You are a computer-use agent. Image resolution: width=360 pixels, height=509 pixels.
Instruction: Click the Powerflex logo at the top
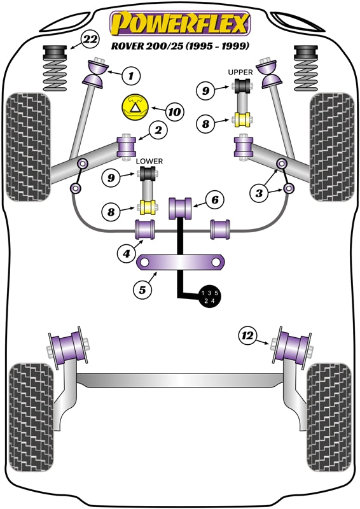click(180, 23)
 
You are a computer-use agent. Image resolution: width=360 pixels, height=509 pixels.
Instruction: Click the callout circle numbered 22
click(90, 39)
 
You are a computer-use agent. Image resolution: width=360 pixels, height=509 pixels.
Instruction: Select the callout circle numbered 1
click(131, 76)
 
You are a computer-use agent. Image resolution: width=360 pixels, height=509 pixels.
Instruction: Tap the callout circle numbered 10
click(174, 112)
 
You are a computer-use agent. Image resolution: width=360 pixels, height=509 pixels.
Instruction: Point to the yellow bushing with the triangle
click(135, 108)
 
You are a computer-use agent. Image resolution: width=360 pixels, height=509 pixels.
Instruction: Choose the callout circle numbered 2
click(158, 130)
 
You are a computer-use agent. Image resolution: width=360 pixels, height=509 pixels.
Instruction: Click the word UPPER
click(240, 72)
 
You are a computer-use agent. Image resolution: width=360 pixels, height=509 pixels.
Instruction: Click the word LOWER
click(149, 161)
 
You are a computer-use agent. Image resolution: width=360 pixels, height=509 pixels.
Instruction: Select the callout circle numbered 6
click(215, 200)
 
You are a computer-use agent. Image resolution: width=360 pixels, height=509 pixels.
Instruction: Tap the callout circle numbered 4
click(127, 253)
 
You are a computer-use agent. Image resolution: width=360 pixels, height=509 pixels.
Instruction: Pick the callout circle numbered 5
click(142, 289)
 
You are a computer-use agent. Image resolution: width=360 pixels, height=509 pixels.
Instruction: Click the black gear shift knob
click(209, 296)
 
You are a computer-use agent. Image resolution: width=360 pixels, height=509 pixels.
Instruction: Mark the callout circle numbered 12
click(247, 335)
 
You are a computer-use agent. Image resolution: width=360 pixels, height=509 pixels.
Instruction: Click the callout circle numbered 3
click(259, 193)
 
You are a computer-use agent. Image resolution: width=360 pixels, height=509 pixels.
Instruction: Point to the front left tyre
click(28, 147)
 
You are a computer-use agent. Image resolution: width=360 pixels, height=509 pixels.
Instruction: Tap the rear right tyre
click(330, 418)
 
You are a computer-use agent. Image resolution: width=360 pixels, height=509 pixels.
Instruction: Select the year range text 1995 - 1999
click(217, 46)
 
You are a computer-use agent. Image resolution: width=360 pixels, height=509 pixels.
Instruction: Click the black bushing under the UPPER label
click(242, 85)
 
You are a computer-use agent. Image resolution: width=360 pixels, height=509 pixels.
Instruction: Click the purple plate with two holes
click(181, 261)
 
